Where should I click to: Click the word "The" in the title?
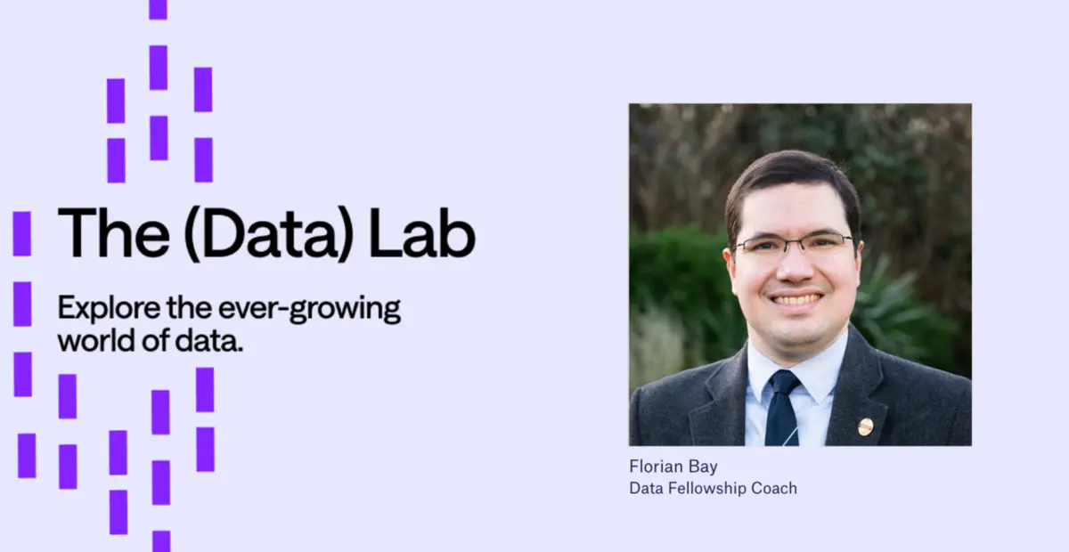pos(105,233)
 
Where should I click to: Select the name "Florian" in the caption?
pos(655,467)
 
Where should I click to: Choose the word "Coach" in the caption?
pos(775,488)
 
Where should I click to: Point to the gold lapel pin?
pos(865,426)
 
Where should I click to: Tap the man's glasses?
pos(794,245)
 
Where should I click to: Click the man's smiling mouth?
pos(796,299)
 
